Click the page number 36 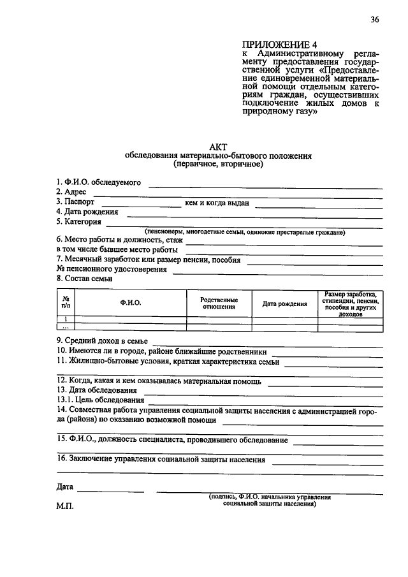pyautogui.click(x=374, y=20)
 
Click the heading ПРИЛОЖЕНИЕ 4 pyautogui.click(x=279, y=45)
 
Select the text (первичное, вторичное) pyautogui.click(x=217, y=164)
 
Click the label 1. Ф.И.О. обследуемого pyautogui.click(x=98, y=182)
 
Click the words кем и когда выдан pyautogui.click(x=217, y=203)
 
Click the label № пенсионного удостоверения pyautogui.click(x=112, y=269)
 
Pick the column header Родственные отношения pyautogui.click(x=219, y=303)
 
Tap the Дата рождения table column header pyautogui.click(x=284, y=304)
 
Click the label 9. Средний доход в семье pyautogui.click(x=102, y=341)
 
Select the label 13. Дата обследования pyautogui.click(x=96, y=390)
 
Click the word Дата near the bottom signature pyautogui.click(x=64, y=487)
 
